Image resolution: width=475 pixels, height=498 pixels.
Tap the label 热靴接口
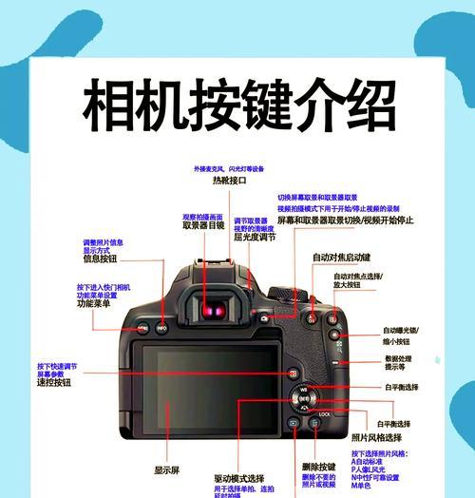(229, 180)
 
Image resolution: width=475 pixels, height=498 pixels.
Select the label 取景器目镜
(203, 226)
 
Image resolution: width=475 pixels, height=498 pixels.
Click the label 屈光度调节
(255, 238)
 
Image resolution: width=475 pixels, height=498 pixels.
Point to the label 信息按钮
(100, 258)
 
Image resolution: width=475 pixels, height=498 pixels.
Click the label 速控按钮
(54, 382)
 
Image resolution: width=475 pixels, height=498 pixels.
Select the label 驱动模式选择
(239, 479)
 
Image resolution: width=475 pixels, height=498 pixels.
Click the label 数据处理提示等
(400, 361)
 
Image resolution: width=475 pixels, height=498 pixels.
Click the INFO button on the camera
(162, 328)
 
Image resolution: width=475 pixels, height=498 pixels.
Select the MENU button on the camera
(142, 328)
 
